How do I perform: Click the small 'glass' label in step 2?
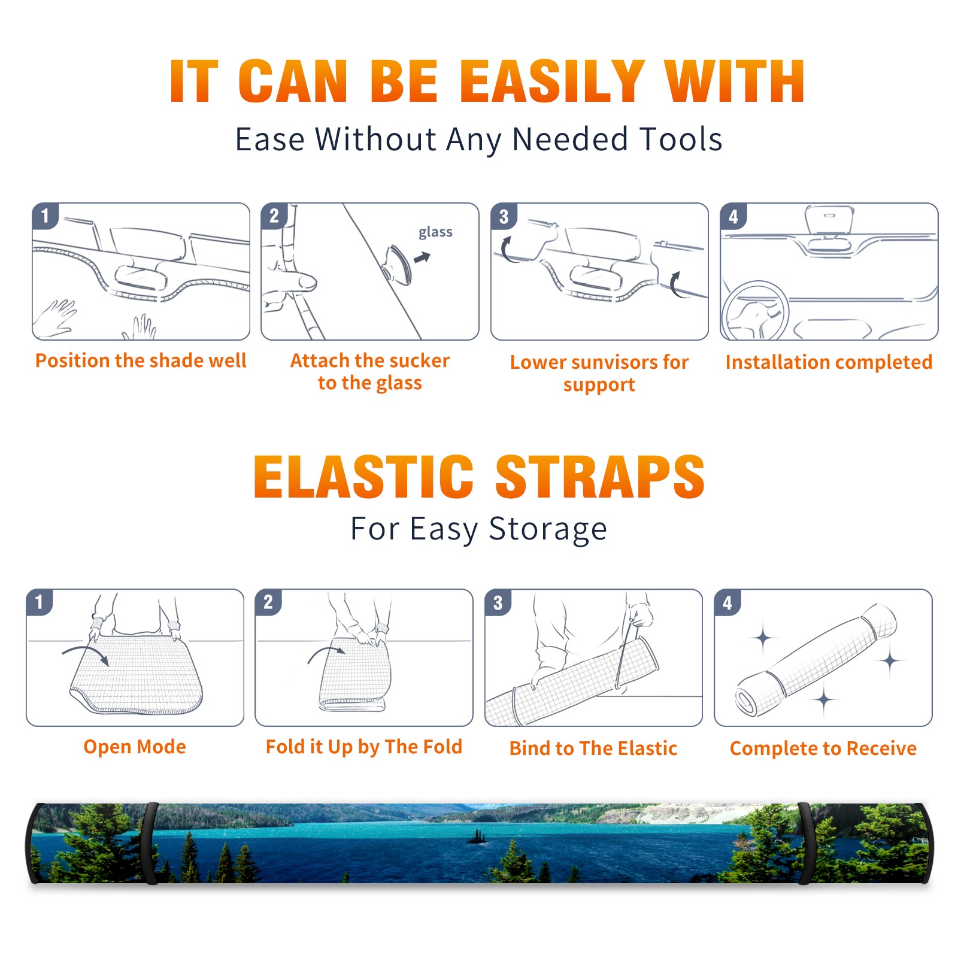click(x=435, y=232)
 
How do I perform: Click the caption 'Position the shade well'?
click(x=141, y=360)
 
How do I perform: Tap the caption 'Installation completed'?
click(x=829, y=362)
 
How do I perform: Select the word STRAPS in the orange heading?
click(x=600, y=477)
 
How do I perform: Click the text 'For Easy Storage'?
click(x=479, y=529)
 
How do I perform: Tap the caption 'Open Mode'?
click(x=135, y=747)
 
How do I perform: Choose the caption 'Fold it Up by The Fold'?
click(x=364, y=747)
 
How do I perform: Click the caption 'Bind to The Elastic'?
click(x=593, y=748)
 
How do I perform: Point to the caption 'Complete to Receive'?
click(x=823, y=748)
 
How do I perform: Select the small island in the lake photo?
click(x=477, y=836)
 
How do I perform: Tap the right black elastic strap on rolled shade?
click(x=805, y=843)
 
